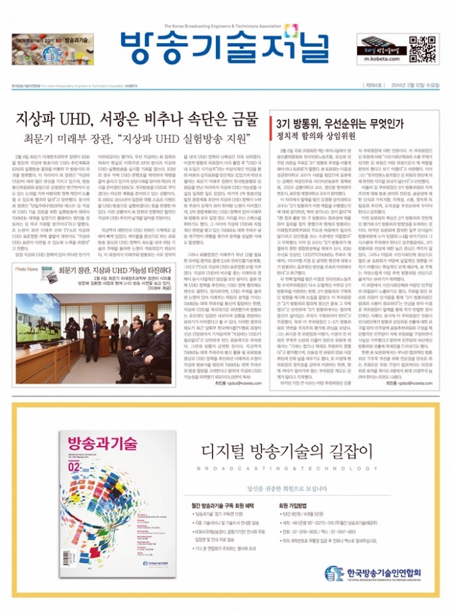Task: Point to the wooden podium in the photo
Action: (105, 341)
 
